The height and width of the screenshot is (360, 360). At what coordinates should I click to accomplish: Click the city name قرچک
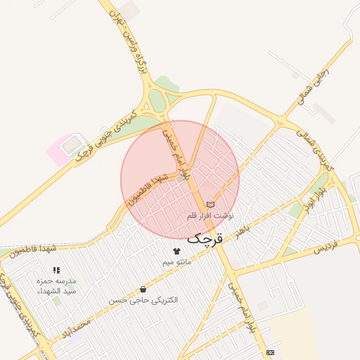coord(205,238)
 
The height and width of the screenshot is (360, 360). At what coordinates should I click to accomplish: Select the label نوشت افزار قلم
coord(210,215)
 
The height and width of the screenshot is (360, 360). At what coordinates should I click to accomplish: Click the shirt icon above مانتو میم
coord(176,251)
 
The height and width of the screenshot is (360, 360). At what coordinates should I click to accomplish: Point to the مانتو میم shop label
coord(176,262)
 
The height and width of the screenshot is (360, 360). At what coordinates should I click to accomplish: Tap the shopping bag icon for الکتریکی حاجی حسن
coord(143,289)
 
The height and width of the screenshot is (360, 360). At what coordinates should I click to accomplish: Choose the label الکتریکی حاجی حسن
coord(143,300)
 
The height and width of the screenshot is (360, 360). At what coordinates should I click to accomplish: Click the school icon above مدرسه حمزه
coord(56,270)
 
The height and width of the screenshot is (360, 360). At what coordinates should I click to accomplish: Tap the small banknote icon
coord(271,352)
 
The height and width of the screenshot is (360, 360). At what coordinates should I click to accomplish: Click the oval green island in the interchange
coord(157,103)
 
